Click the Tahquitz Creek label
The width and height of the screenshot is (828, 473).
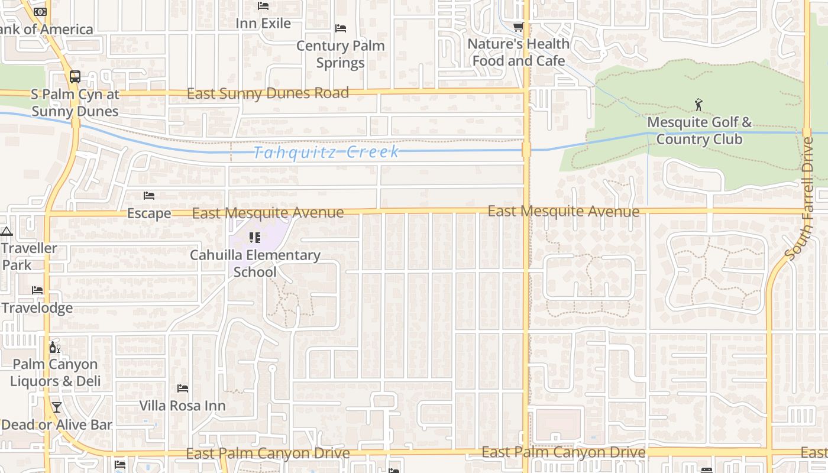326,153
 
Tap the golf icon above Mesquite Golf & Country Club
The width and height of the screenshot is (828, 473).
699,105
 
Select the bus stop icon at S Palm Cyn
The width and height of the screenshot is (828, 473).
75,76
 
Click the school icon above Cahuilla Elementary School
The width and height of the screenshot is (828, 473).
255,238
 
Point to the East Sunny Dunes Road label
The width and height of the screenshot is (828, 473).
268,93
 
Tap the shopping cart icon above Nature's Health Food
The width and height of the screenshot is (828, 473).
518,27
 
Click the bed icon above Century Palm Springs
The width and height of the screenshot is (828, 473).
341,28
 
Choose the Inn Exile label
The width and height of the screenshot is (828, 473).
263,24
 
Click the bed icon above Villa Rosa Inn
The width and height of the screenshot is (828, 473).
183,388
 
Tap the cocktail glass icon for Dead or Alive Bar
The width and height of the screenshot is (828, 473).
56,407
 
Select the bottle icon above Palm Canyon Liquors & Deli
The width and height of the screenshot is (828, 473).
54,347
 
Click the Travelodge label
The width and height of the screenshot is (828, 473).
37,308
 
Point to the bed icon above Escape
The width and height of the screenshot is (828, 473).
149,196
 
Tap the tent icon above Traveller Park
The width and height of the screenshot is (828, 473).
7,231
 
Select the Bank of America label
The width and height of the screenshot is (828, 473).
46,30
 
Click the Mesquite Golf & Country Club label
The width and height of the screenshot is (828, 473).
699,131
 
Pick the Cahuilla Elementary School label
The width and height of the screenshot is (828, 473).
255,264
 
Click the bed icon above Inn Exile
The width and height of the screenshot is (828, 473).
263,6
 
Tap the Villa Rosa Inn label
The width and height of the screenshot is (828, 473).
183,406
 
